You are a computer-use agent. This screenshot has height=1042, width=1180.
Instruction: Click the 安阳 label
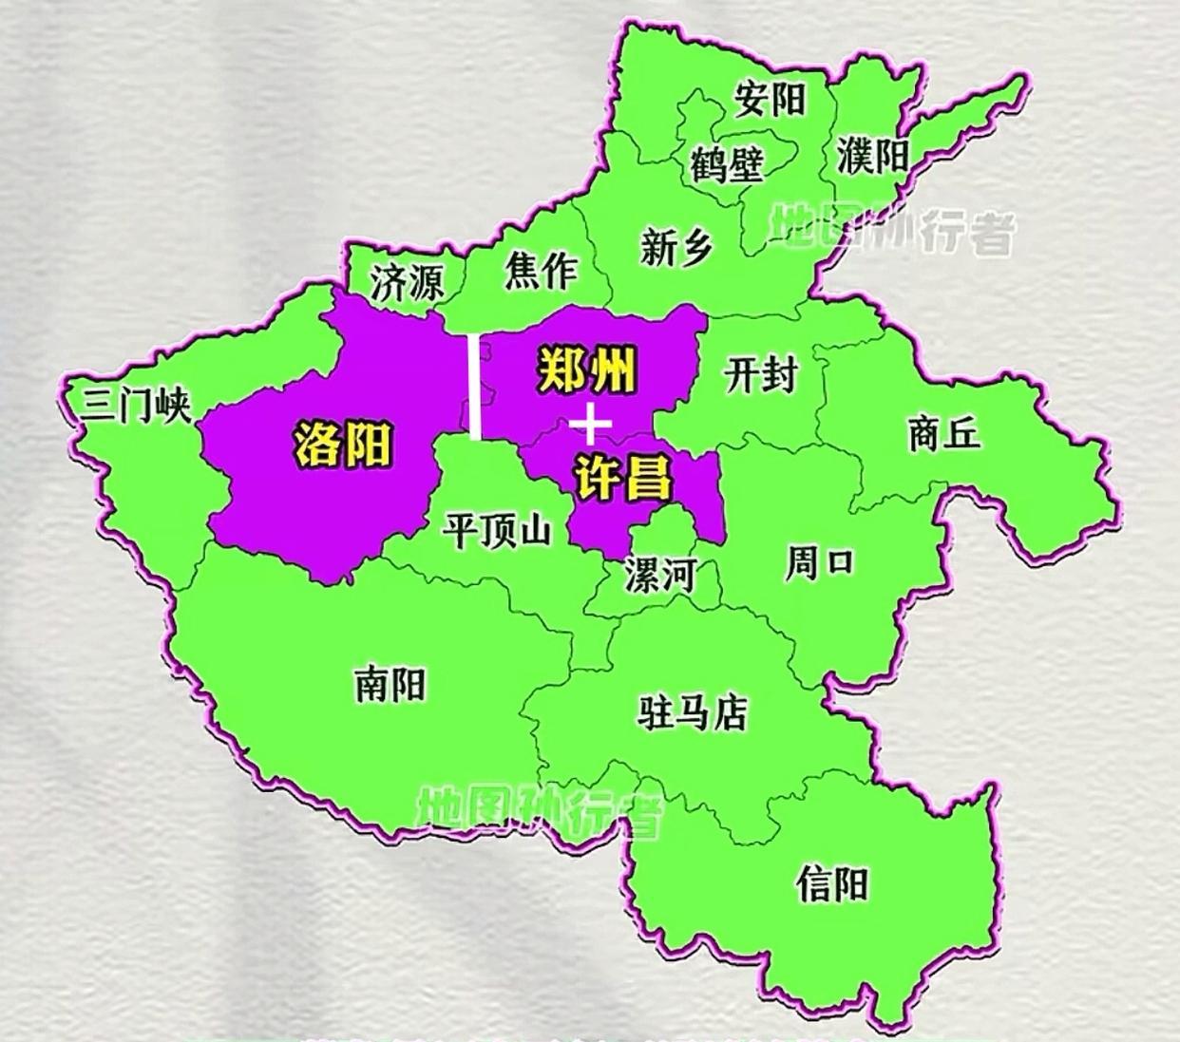pyautogui.click(x=769, y=99)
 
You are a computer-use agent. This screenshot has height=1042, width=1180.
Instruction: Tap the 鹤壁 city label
pyautogui.click(x=729, y=165)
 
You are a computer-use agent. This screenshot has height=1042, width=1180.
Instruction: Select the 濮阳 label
pyautogui.click(x=873, y=156)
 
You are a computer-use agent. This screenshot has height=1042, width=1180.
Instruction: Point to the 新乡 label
pyautogui.click(x=676, y=249)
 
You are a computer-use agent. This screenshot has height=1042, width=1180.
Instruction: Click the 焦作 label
pyautogui.click(x=541, y=271)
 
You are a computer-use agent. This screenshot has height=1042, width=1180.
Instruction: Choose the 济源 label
pyautogui.click(x=407, y=283)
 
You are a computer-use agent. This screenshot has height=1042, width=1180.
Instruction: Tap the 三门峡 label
pyautogui.click(x=136, y=407)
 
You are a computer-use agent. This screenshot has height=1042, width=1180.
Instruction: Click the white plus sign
pyautogui.click(x=590, y=424)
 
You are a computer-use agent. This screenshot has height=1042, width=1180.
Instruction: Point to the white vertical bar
pyautogui.click(x=474, y=387)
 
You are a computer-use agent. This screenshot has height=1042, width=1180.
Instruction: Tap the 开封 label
pyautogui.click(x=760, y=374)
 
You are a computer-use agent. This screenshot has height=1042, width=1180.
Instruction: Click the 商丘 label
pyautogui.click(x=942, y=435)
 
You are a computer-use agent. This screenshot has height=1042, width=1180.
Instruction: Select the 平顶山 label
pyautogui.click(x=497, y=530)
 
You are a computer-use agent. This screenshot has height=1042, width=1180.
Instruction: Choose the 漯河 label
pyautogui.click(x=660, y=575)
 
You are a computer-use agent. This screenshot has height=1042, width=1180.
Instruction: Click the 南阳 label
pyautogui.click(x=390, y=684)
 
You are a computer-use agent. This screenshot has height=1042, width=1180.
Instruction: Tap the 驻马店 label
pyautogui.click(x=692, y=711)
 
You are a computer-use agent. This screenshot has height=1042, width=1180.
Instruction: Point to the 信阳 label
pyautogui.click(x=832, y=885)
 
